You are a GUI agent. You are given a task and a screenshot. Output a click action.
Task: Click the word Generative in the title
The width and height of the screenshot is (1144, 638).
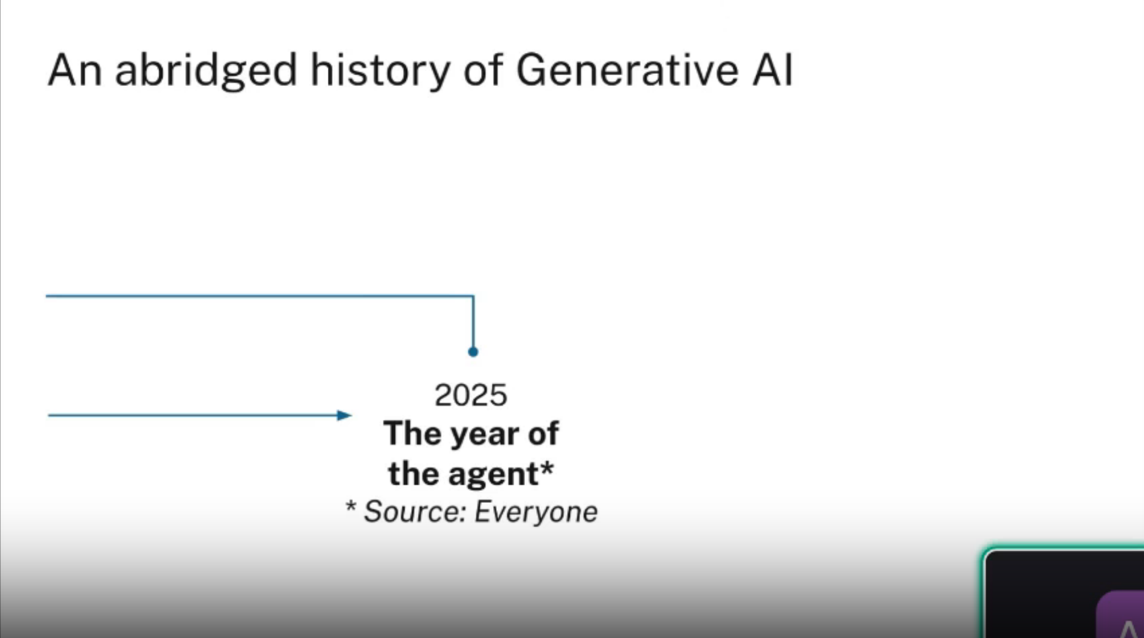coord(627,70)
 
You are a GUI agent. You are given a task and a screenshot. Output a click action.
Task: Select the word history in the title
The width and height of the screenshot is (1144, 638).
coord(380,71)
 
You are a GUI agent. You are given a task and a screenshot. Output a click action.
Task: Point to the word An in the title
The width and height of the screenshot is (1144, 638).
coord(74,70)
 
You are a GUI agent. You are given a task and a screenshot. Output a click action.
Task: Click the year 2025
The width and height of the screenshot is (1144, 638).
coord(471,395)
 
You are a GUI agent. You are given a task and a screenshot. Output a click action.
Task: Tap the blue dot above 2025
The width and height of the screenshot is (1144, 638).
coord(473,352)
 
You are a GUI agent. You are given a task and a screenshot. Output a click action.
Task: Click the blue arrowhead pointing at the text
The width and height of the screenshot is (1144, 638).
coord(344,415)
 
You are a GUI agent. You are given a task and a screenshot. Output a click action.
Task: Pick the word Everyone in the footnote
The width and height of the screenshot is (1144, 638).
coord(536,512)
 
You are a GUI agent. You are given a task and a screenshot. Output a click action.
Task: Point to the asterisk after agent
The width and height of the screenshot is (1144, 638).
coord(546,469)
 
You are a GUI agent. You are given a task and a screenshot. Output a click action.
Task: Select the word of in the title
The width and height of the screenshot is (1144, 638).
coord(483,70)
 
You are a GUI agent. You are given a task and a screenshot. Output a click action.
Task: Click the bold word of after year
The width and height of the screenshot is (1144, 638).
coord(543,434)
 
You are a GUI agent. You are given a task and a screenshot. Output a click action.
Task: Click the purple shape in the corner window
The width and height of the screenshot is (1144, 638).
coord(1120,615)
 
